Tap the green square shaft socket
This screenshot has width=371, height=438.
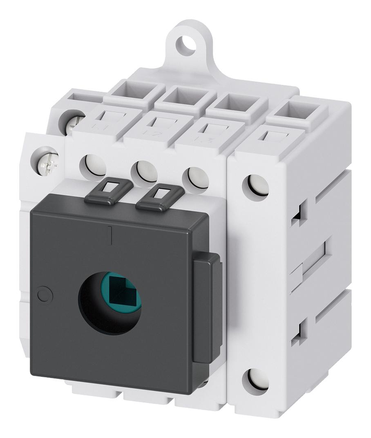123,291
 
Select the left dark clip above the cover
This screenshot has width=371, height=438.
109,190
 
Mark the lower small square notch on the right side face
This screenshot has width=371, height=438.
297,328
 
